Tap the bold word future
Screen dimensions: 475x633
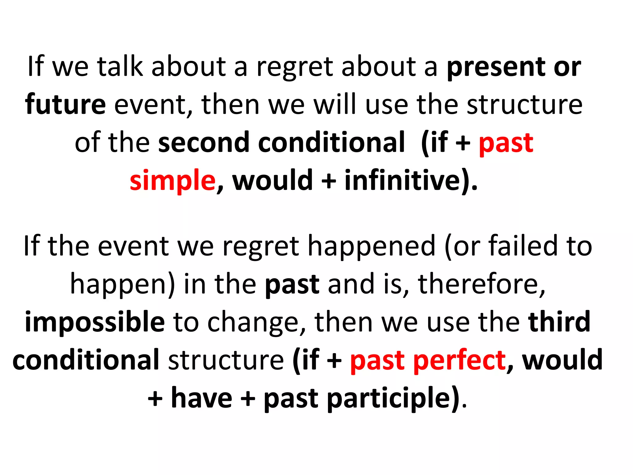tap(66, 105)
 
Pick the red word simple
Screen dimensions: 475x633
tap(172, 181)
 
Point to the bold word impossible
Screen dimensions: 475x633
tap(95, 322)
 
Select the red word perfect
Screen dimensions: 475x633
tap(459, 360)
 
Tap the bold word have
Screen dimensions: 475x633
tap(202, 398)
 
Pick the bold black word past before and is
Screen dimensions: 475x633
tap(292, 285)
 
